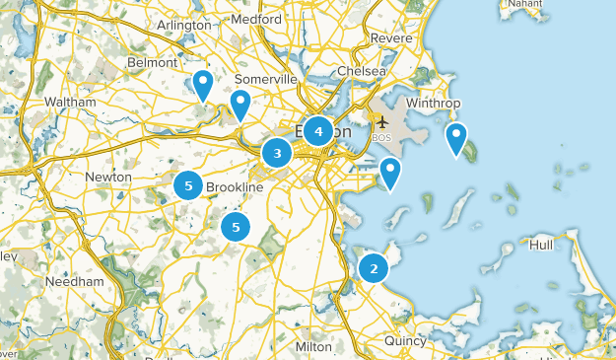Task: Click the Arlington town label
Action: [184, 25]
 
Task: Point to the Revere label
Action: [391, 38]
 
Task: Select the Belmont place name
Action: [152, 63]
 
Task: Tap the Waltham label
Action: [70, 102]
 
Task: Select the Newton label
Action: [108, 177]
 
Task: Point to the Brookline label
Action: [235, 187]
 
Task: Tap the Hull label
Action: [542, 245]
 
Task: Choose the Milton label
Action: [313, 347]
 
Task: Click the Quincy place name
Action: [405, 341]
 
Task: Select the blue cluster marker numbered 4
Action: [318, 130]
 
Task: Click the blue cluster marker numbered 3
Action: [277, 153]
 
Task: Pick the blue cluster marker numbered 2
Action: [374, 267]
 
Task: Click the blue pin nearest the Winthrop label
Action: [455, 138]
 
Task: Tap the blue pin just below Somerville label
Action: [240, 105]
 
